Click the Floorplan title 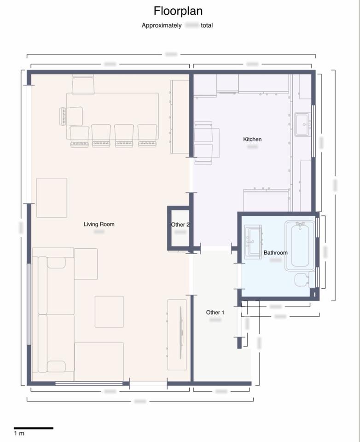[178, 11]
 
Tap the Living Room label [99, 224]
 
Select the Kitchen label [252, 139]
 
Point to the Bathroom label [275, 253]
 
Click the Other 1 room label [215, 313]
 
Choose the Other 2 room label [180, 225]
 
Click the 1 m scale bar [33, 428]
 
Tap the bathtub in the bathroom [300, 245]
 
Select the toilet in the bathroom [302, 279]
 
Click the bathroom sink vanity [252, 242]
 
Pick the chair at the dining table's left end [71, 116]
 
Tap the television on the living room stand [181, 332]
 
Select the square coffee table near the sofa [109, 312]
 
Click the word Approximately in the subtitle [162, 26]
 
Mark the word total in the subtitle [207, 26]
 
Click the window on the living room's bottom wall [89, 383]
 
